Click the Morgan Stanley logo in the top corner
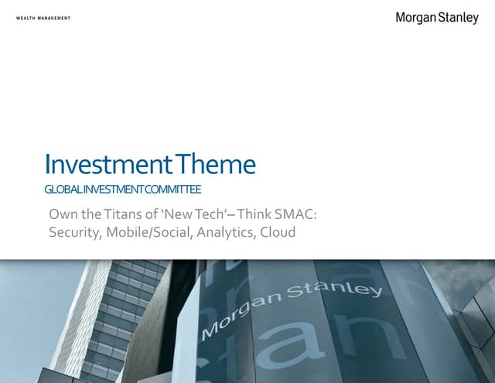click(437, 18)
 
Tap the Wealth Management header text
click(43, 18)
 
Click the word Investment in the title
click(108, 163)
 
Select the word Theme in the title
click(215, 163)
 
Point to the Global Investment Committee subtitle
click(123, 190)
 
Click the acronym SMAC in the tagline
click(294, 214)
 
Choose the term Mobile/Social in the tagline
click(149, 232)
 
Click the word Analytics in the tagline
click(226, 232)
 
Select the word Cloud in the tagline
click(278, 232)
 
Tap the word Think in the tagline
click(254, 214)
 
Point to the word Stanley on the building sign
click(335, 290)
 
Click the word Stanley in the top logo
click(459, 18)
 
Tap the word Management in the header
click(54, 18)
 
